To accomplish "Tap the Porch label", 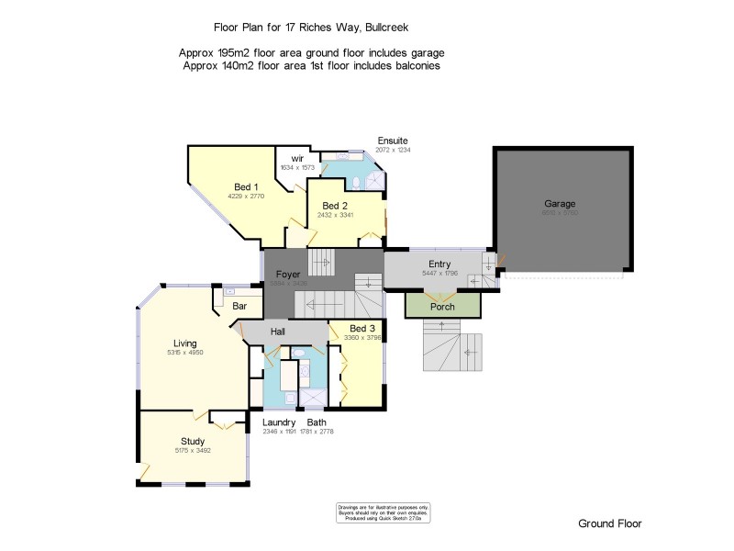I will pos(442,307).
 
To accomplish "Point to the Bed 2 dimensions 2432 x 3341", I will pos(335,214).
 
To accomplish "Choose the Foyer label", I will pos(289,274).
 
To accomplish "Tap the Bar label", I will pos(240,306).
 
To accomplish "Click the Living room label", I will pos(185,343).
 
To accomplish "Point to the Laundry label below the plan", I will pos(279,422).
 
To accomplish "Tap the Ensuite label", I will pos(392,140).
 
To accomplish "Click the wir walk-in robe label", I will pos(297,158).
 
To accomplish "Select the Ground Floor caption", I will pos(609,523).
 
